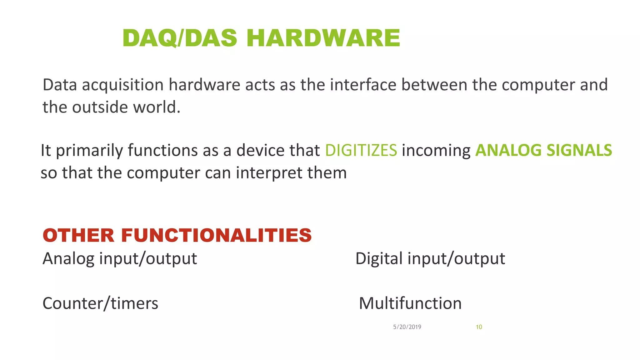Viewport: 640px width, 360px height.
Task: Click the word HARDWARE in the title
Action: [x=323, y=38]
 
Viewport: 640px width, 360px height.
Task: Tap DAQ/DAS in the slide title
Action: [x=180, y=38]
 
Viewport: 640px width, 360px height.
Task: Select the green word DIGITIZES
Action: [x=361, y=150]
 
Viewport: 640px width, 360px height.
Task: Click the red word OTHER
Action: [x=79, y=235]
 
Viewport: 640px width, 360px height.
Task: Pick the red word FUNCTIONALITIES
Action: [x=216, y=235]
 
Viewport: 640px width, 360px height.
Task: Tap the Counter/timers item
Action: [x=100, y=303]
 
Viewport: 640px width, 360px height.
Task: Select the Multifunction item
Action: [x=410, y=303]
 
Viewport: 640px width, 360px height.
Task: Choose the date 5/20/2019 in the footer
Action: [x=407, y=327]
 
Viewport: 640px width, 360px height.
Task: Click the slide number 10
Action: [x=479, y=327]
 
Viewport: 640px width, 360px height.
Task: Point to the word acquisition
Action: [x=122, y=85]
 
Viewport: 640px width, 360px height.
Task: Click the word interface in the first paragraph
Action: [x=363, y=85]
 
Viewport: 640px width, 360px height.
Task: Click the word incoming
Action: [x=436, y=151]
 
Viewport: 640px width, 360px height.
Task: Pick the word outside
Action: [x=100, y=107]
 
